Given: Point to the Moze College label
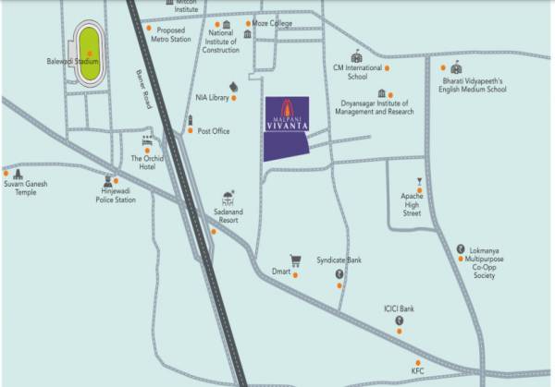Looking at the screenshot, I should (274, 22).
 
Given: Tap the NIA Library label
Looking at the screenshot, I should (212, 96).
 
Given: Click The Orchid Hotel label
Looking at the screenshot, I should (148, 163).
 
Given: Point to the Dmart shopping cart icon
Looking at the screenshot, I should (296, 260).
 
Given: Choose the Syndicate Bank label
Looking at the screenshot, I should (339, 260).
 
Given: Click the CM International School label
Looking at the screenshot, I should (357, 73).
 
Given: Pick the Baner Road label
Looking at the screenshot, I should (142, 91).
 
